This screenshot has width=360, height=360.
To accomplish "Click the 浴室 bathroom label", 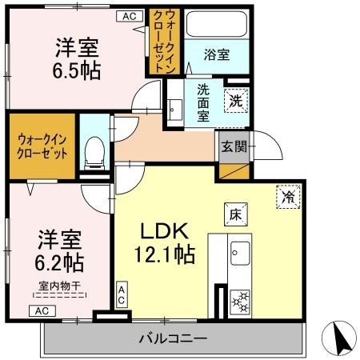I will click(x=217, y=54).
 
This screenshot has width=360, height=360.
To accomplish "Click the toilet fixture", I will click(x=94, y=148).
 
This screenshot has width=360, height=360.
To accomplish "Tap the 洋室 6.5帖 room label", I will click(x=78, y=58).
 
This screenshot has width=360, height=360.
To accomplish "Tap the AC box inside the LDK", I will click(x=122, y=294).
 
